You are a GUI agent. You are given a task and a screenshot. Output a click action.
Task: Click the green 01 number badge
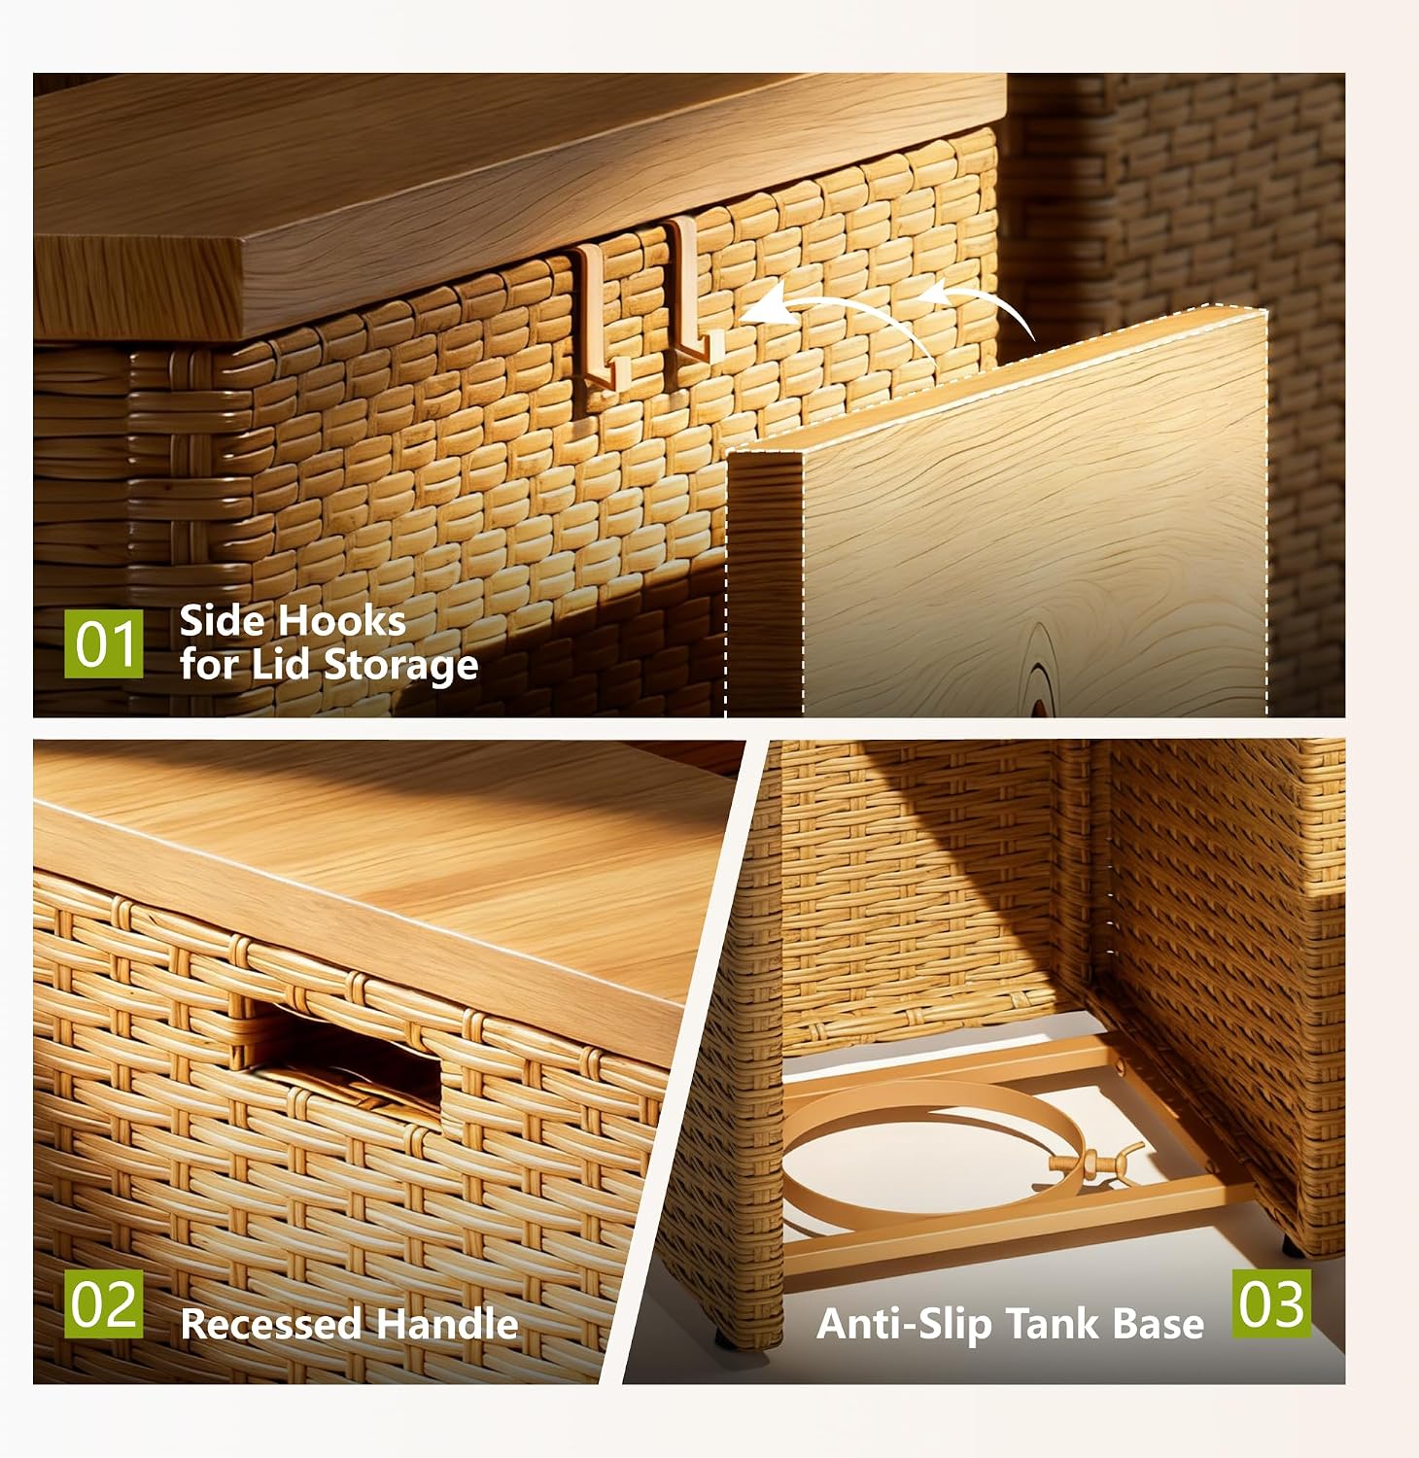[x=103, y=642]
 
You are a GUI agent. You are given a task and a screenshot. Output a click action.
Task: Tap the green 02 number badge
[x=103, y=1303]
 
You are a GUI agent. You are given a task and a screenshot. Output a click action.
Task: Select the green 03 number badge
[x=1271, y=1303]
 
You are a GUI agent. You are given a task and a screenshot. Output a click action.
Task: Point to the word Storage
[x=400, y=666]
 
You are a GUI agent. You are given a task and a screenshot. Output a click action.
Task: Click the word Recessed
[x=271, y=1324]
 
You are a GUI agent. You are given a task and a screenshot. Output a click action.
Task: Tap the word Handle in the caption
[x=447, y=1324]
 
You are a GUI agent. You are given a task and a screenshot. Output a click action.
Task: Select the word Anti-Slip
[x=905, y=1324]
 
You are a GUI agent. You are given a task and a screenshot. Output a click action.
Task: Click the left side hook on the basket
[x=599, y=317]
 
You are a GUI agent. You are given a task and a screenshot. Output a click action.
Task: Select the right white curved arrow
[x=982, y=296]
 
